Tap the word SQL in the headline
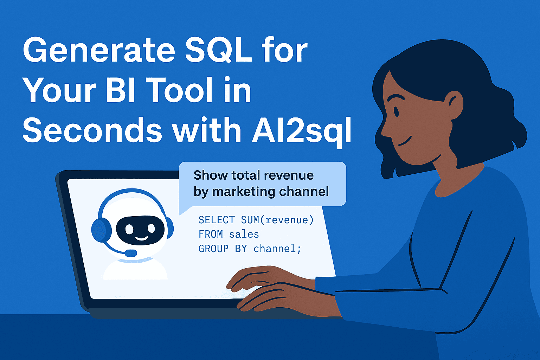click(218, 50)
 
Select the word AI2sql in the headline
click(302, 130)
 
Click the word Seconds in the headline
click(92, 130)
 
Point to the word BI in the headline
click(120, 90)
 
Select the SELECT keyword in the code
click(216, 220)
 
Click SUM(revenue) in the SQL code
click(277, 220)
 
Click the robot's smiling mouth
click(142, 238)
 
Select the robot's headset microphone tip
click(131, 253)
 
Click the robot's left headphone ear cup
click(101, 230)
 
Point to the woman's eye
click(396, 111)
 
